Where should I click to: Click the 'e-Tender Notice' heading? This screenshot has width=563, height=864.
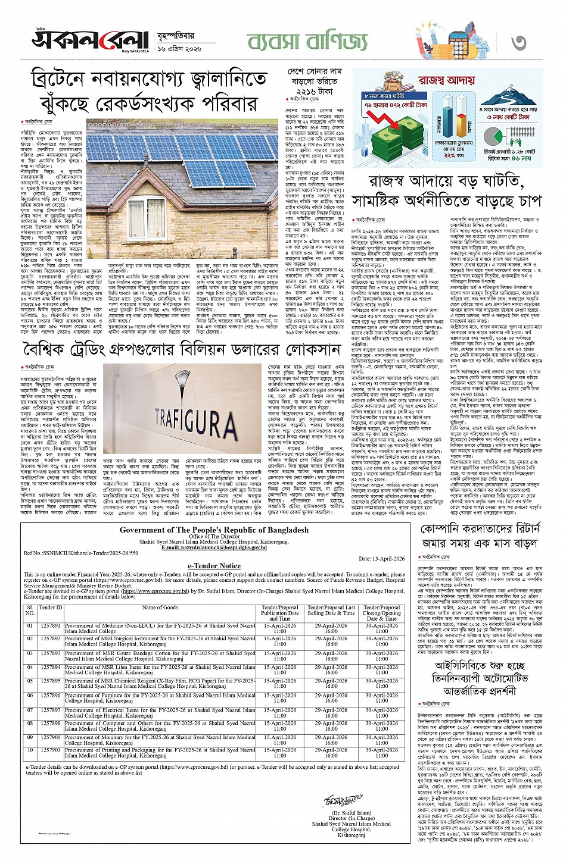click(214, 566)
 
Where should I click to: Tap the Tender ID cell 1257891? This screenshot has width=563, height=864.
click(51, 626)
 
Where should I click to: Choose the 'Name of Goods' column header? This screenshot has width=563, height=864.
click(160, 608)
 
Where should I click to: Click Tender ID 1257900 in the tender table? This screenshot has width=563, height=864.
click(51, 737)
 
